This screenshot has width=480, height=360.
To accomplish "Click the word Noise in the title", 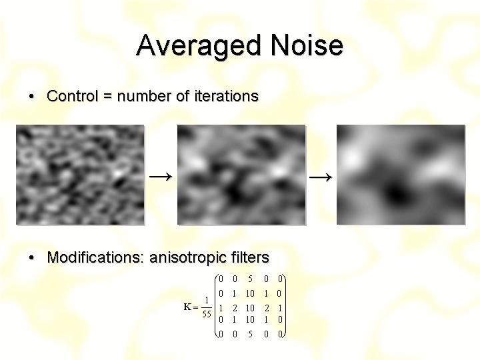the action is [x=307, y=45].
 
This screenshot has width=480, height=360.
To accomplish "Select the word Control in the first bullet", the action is [x=73, y=96].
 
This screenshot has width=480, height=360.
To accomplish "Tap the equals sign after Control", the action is [x=108, y=97].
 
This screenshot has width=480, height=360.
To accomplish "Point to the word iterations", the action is [x=227, y=96].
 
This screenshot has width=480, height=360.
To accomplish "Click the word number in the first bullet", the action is [x=145, y=96].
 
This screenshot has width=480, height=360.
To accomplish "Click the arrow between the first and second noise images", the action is [x=161, y=177].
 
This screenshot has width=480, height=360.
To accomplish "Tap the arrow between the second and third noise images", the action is [x=321, y=177].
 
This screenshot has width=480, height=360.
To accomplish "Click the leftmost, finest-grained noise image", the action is [x=80, y=175].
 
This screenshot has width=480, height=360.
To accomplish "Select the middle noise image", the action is [x=241, y=175].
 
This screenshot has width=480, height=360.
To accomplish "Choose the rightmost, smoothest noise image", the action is [x=401, y=175].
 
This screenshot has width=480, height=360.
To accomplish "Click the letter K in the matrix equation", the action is [x=187, y=307].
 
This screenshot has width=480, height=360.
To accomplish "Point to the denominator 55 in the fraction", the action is [x=207, y=314].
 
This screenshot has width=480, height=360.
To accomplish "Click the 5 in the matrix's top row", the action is [x=250, y=279].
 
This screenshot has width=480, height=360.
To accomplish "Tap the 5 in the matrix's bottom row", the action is [x=250, y=334].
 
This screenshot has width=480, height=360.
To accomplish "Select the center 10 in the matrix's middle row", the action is [x=250, y=308].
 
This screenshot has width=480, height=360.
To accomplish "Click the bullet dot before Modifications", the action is [x=31, y=258].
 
